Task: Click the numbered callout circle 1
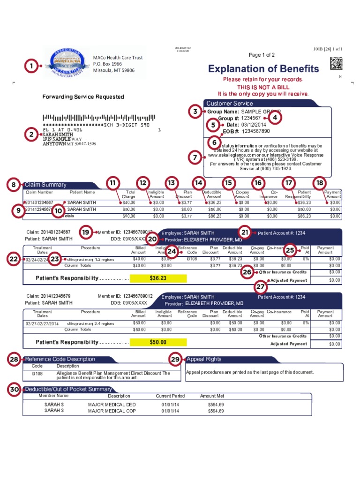31,67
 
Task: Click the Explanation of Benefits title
263,69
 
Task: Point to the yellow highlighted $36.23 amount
158,278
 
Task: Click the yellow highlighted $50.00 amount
158,342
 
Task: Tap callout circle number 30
15,390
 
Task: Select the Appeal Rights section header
204,360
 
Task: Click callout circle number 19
86,232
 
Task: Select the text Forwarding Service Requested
83,97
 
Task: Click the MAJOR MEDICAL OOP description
112,411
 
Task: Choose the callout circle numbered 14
200,183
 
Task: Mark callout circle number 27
261,286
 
